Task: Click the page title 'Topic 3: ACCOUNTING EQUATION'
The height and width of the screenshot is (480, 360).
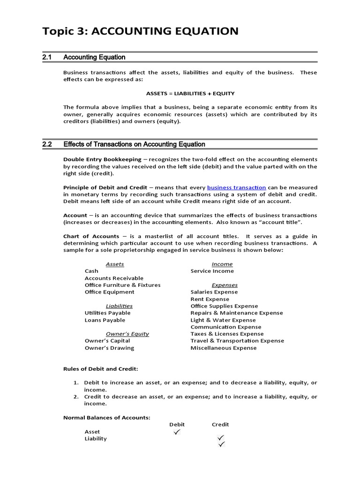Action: point(140,31)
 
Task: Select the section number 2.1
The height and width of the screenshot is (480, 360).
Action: point(46,57)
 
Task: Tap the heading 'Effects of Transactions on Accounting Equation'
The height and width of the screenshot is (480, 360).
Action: point(134,144)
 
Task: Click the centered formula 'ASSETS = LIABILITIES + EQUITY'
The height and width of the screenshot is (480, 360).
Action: point(190,93)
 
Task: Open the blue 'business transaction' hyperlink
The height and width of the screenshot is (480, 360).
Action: point(236,187)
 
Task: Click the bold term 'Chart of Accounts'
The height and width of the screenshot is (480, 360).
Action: point(91,236)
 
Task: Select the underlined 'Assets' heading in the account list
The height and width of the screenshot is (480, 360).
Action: point(115,264)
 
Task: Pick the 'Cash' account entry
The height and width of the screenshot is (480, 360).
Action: point(91,271)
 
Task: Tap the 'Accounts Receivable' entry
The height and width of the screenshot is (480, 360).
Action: point(114,278)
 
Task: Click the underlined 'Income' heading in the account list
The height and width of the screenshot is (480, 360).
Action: point(222,264)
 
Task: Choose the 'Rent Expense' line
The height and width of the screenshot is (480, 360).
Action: point(210,299)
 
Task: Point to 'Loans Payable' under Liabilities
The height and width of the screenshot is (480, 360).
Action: point(105,320)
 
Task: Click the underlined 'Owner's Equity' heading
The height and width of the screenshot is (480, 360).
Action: point(127,334)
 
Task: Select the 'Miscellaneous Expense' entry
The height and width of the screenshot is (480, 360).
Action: point(223,348)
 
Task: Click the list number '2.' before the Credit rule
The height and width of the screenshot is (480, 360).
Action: point(76,397)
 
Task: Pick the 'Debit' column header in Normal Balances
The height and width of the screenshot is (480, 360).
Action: point(177,424)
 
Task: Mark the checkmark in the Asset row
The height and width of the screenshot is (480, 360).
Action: point(176,432)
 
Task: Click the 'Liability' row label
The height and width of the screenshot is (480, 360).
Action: point(96,439)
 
